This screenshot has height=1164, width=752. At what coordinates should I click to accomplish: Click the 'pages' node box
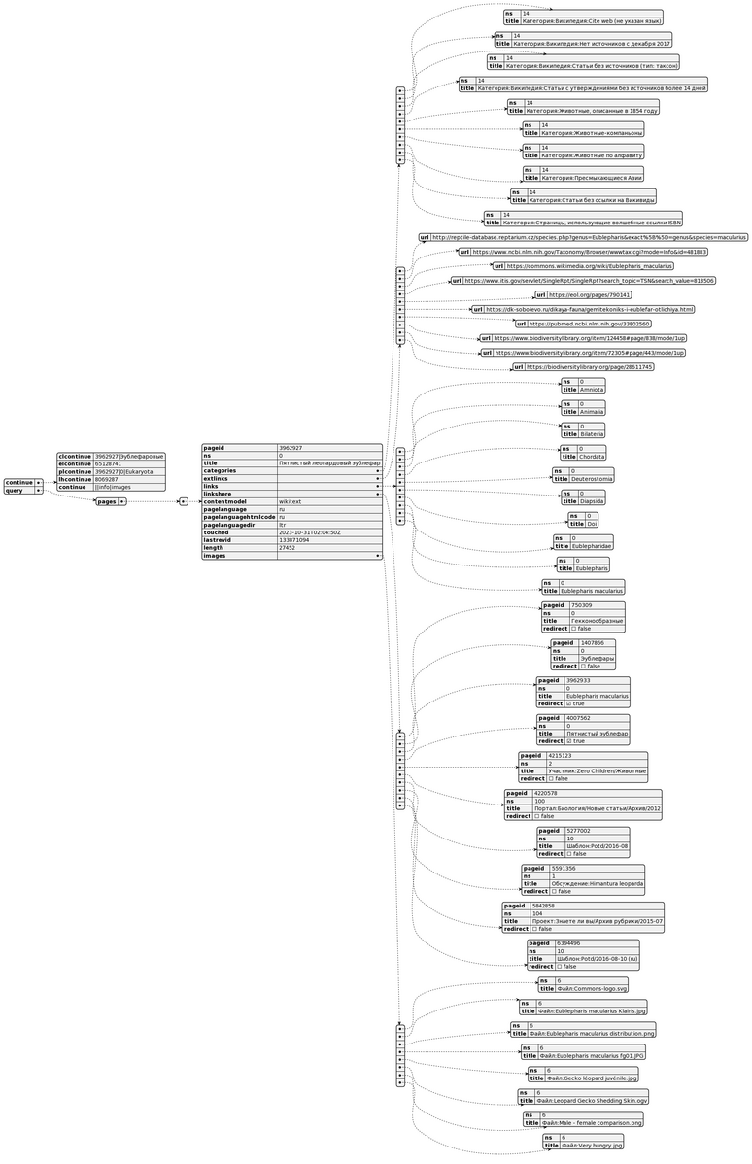coord(107,501)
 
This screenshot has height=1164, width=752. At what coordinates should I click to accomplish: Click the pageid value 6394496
coord(569,942)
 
